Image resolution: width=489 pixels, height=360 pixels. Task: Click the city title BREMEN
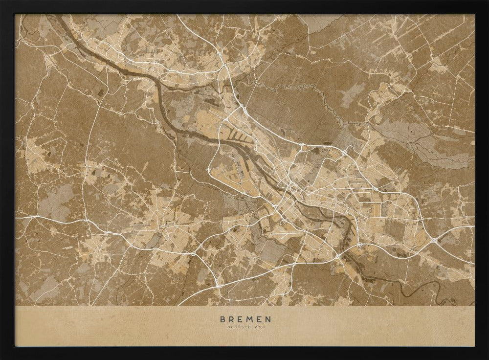pyautogui.click(x=244, y=319)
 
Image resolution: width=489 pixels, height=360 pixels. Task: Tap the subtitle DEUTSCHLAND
pyautogui.click(x=244, y=327)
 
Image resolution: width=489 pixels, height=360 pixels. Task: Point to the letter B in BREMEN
pyautogui.click(x=223, y=319)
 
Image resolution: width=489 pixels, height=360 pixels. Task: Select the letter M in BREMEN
pyautogui.click(x=249, y=319)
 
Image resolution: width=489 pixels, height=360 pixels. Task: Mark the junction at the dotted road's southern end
pyautogui.click(x=208, y=170)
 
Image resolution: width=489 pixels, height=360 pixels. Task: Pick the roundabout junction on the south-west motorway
pyautogui.click(x=194, y=254)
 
